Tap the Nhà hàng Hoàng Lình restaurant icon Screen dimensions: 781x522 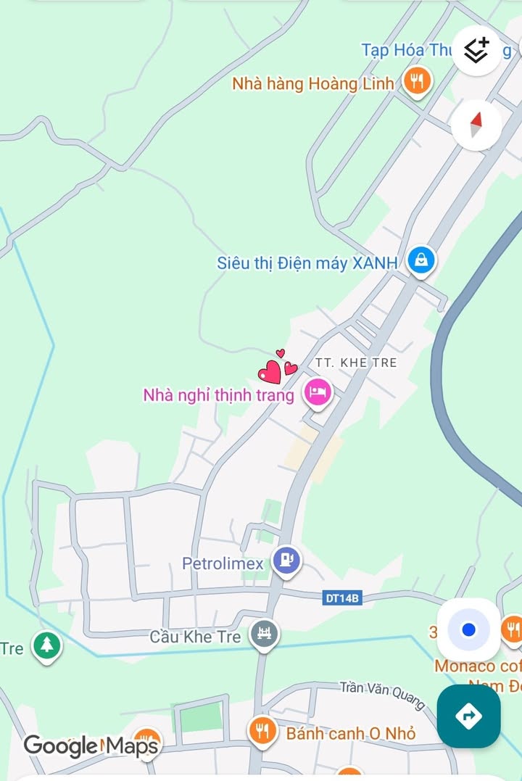[417, 82]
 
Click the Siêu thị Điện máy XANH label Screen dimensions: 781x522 [307, 263]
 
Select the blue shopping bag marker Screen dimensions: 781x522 [421, 260]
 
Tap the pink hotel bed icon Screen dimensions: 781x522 [317, 393]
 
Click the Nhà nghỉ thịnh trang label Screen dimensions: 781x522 [218, 395]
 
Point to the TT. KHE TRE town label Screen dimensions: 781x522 [356, 362]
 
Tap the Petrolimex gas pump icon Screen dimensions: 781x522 [286, 561]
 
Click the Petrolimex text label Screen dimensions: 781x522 [223, 563]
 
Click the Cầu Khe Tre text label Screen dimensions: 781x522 [195, 637]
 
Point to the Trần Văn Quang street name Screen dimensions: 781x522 [382, 690]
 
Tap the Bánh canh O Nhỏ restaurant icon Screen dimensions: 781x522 [262, 731]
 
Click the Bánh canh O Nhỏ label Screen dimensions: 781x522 [351, 733]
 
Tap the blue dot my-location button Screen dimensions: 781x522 [468, 629]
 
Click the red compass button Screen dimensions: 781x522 [476, 125]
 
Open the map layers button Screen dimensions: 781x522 [476, 50]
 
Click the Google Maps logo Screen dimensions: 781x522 [91, 745]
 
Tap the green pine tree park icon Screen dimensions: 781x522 [47, 644]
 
